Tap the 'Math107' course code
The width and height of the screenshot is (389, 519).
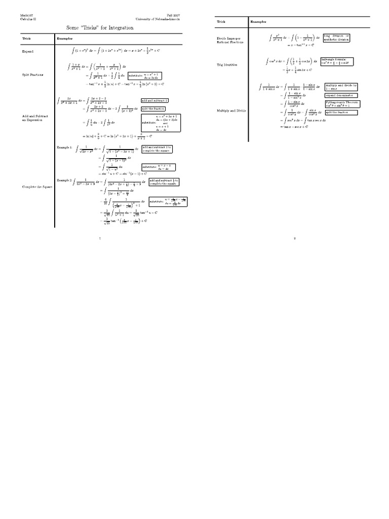(26, 16)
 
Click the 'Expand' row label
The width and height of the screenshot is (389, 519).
(27, 51)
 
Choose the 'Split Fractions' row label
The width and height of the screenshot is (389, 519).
(32, 75)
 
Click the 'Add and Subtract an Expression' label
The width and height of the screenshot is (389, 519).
(34, 118)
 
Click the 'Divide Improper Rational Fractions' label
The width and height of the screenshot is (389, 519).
(231, 40)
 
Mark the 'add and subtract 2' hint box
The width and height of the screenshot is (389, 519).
(154, 101)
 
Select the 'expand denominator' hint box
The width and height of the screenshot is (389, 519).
(341, 95)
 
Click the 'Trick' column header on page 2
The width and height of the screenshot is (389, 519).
(221, 22)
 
